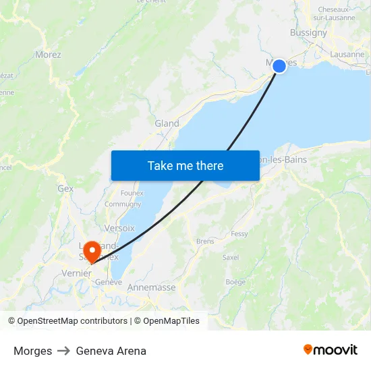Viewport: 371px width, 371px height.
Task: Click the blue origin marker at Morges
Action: pyautogui.click(x=279, y=66)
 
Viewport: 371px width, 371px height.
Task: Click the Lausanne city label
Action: pyautogui.click(x=348, y=55)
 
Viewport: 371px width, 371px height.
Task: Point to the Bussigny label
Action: pyautogui.click(x=308, y=32)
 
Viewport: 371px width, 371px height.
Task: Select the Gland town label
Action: pyautogui.click(x=167, y=123)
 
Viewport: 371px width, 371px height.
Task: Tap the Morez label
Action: pyautogui.click(x=48, y=55)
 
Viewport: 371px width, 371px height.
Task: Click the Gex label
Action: pyautogui.click(x=65, y=189)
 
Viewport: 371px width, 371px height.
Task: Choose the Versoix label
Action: pyautogui.click(x=119, y=228)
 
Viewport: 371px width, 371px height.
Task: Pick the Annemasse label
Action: pyautogui.click(x=152, y=287)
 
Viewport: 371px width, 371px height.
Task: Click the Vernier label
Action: pyautogui.click(x=76, y=273)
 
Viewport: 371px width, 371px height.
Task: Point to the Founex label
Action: pyautogui.click(x=132, y=193)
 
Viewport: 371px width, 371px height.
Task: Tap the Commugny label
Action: pyautogui.click(x=123, y=204)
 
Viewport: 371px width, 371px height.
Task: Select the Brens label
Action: pyautogui.click(x=205, y=241)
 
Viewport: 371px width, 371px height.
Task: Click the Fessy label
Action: pyautogui.click(x=239, y=233)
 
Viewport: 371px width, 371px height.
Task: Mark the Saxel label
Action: pyautogui.click(x=231, y=257)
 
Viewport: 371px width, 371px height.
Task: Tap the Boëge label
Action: pyautogui.click(x=235, y=282)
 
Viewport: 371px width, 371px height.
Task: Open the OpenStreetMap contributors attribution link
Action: pyautogui.click(x=72, y=321)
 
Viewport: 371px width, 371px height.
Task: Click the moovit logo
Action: pyautogui.click(x=331, y=349)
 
